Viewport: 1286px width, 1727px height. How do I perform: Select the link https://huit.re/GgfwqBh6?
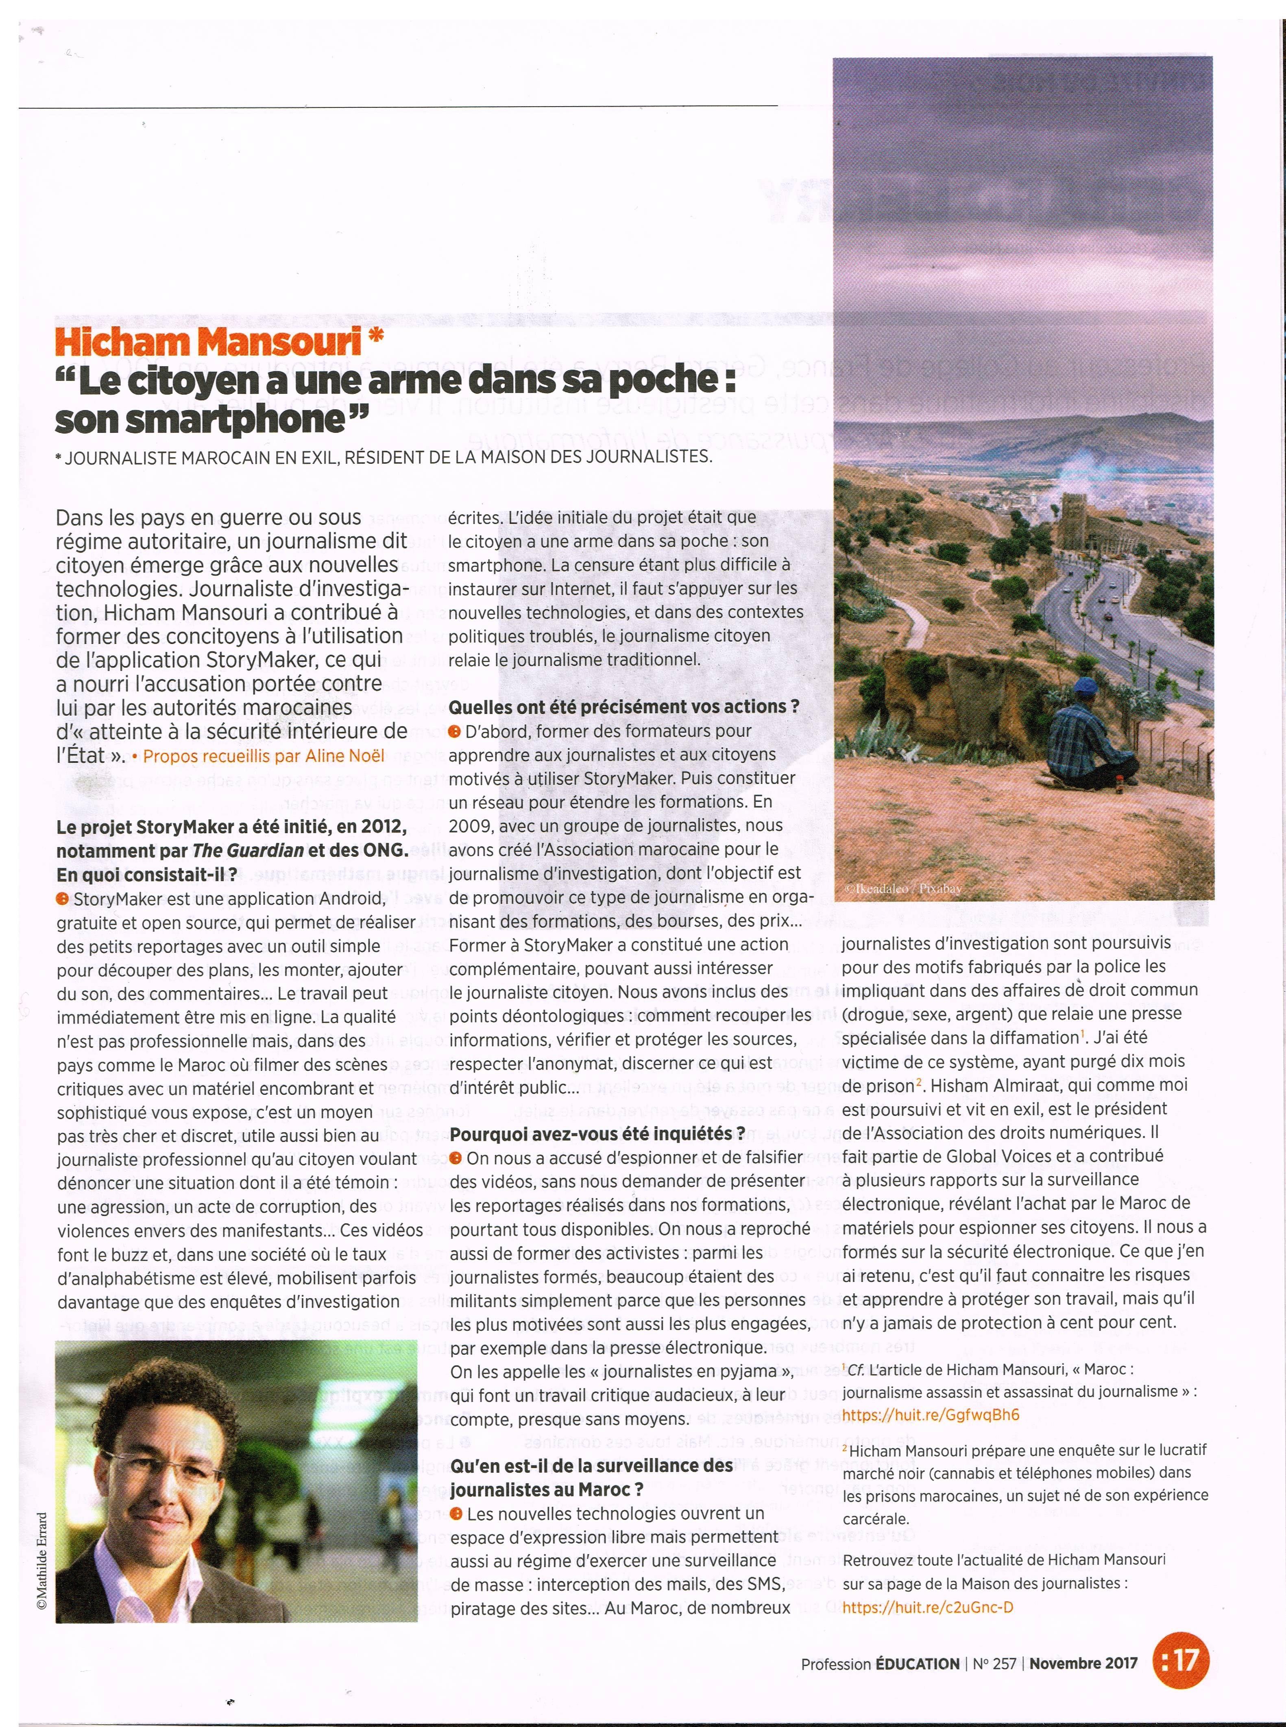click(930, 1415)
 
